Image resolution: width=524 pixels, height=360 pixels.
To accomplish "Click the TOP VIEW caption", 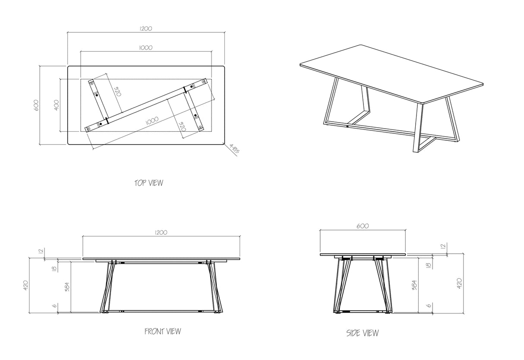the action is [149, 183].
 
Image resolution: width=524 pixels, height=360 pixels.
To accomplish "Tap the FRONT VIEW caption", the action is [163, 331].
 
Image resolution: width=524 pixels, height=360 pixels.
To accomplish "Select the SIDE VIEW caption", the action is [363, 333].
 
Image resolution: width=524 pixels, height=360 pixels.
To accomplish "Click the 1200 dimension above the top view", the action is [146, 28].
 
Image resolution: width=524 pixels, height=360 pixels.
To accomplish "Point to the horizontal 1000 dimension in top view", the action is [146, 48].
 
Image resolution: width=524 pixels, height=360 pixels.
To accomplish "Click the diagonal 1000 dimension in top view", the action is [152, 121].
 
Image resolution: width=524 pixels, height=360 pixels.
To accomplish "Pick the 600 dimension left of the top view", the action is [36, 105].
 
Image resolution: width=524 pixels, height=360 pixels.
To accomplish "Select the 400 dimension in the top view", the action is [57, 105].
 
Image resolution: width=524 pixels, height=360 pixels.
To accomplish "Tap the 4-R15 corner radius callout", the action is [234, 148].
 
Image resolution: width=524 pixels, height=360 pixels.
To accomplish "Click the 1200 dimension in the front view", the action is [161, 233].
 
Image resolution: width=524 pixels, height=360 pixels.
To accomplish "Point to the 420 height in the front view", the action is [26, 285].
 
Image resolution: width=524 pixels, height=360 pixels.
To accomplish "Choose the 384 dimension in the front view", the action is [67, 287].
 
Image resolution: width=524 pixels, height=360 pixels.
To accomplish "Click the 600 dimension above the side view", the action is [363, 226].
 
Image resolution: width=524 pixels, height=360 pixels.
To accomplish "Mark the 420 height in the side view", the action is [459, 284].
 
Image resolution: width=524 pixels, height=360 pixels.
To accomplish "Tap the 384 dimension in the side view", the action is [414, 285].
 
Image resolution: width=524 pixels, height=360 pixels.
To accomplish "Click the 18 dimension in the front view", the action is [54, 268].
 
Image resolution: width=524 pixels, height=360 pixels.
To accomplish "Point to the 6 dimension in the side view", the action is [429, 306].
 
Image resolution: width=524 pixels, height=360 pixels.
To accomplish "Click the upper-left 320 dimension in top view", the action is [117, 92].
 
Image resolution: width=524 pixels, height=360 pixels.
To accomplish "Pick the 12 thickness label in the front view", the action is [41, 251].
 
